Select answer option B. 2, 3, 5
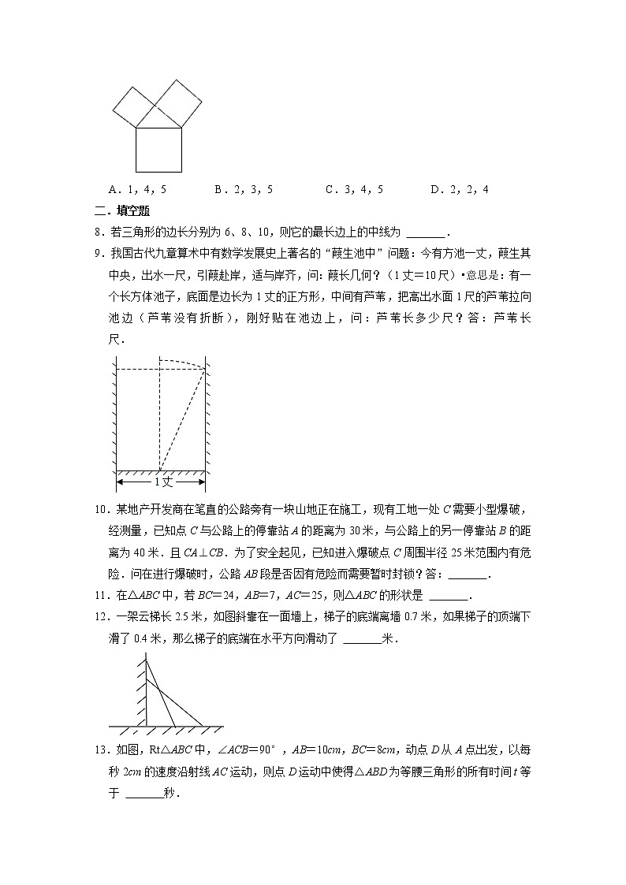click(244, 190)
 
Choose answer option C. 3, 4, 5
click(354, 190)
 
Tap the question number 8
click(96, 232)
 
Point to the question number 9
click(96, 254)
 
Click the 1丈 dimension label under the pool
click(162, 481)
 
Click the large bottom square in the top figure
click(158, 149)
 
